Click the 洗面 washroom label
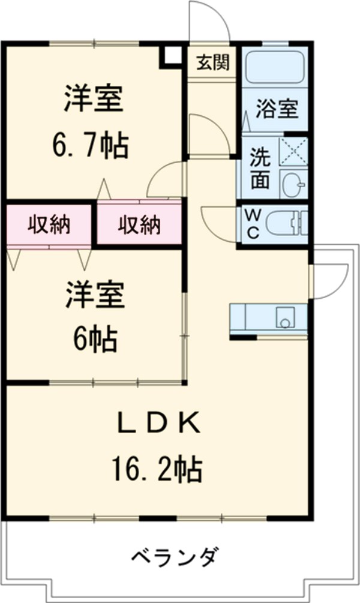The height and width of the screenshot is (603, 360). pos(260,168)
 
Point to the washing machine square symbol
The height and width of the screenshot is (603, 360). pos(295,150)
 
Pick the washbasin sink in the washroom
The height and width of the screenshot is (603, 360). pos(294,182)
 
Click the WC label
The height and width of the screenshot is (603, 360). pos(252,223)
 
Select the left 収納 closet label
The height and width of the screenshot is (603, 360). pos(49,225)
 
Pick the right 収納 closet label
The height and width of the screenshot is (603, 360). pos(139,225)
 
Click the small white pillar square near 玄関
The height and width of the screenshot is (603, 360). pos(172,55)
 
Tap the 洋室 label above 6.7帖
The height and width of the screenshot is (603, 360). pos(94,100)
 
